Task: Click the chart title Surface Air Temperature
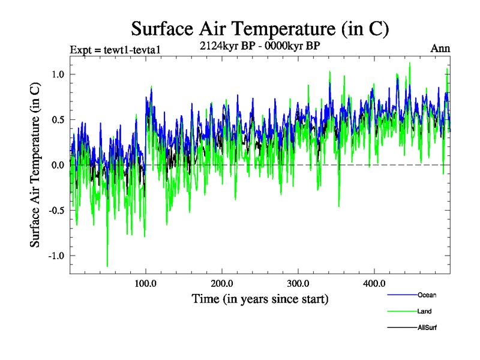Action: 260,29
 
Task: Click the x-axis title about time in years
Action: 260,298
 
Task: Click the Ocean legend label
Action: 427,295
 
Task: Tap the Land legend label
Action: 425,311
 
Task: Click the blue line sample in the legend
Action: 402,295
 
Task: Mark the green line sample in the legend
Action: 402,311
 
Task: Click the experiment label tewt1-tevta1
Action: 115,49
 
